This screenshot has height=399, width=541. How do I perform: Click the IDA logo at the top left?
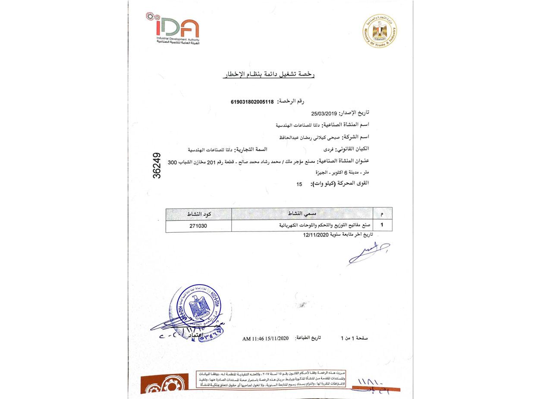(x=173, y=28)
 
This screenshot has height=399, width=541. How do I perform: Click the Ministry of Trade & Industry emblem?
(x=380, y=31)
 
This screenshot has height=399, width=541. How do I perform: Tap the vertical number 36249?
(x=157, y=165)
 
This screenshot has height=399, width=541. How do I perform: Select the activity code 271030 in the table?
(x=198, y=225)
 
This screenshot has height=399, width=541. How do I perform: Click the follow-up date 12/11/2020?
(x=317, y=235)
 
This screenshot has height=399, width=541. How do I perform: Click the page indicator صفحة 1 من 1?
(x=354, y=339)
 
